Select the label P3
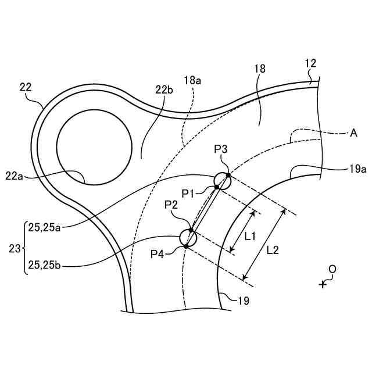pos(221,149)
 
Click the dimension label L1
pos(251,237)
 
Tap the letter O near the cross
pos(332,269)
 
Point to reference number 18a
pos(192,81)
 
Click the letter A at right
pos(353,133)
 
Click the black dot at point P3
pos(228,175)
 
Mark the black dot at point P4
pos(186,246)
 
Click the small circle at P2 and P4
pos(188,237)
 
